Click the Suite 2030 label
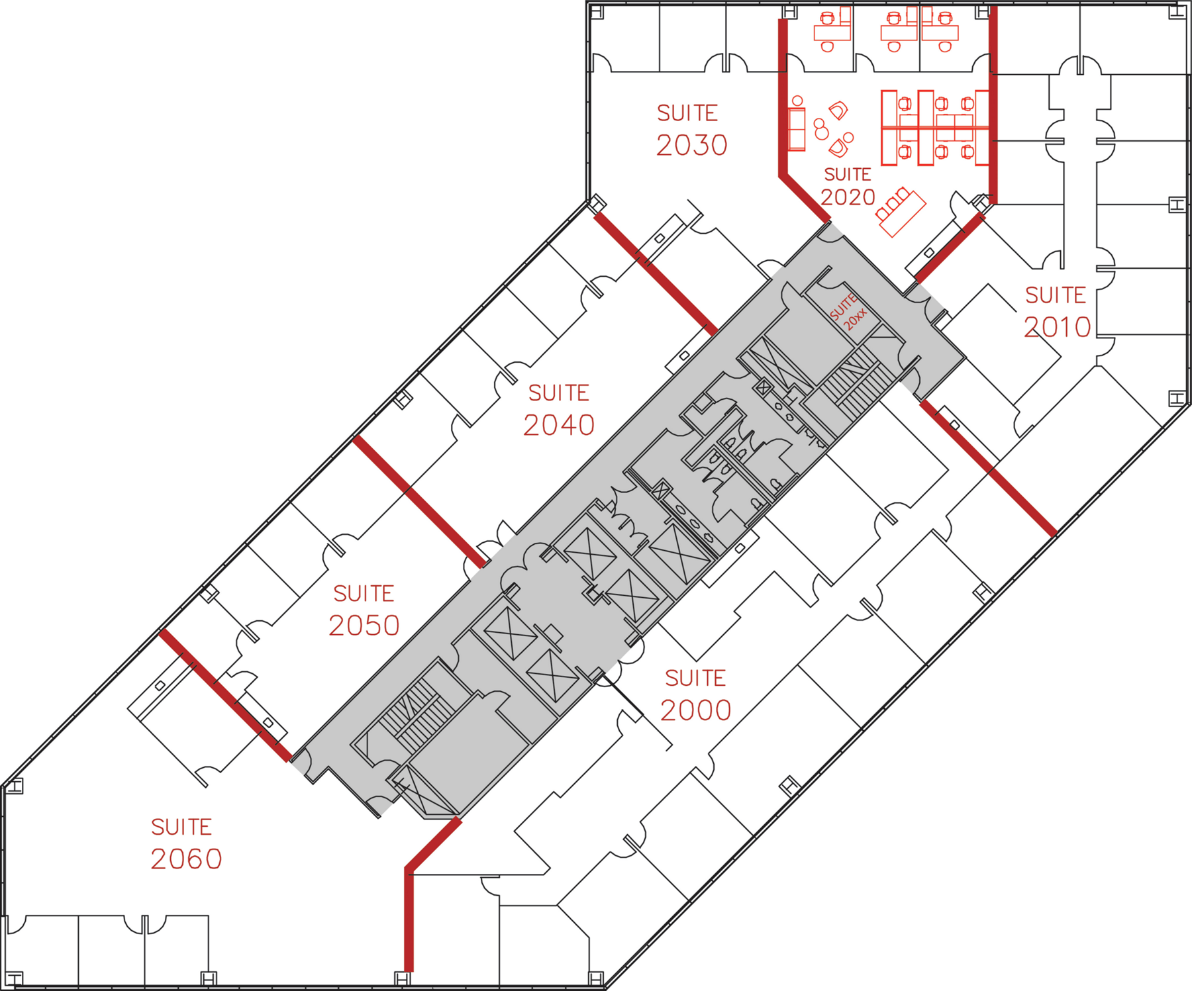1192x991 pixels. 691,130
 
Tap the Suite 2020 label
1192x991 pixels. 848,186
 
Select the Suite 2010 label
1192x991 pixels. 1057,312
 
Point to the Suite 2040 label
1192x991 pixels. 559,410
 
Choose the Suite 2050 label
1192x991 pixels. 364,610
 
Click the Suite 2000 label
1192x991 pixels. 695,695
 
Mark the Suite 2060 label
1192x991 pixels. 185,844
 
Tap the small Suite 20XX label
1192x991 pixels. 848,310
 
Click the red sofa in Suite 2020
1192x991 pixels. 797,128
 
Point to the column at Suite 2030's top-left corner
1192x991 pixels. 596,12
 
